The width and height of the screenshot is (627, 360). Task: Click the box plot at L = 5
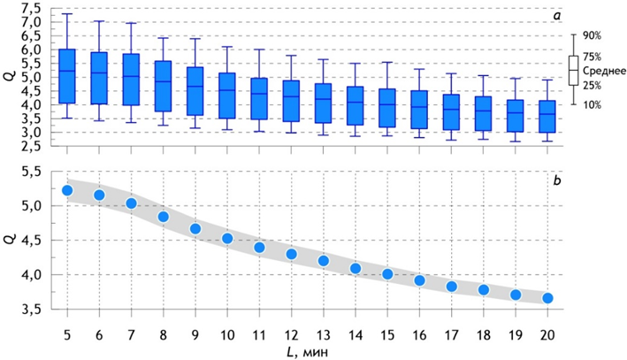pyautogui.click(x=67, y=88)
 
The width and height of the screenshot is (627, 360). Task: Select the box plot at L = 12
pyautogui.click(x=292, y=100)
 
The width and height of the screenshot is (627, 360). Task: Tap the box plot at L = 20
pyautogui.click(x=547, y=116)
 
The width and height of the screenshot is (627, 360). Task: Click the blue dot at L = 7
pyautogui.click(x=132, y=203)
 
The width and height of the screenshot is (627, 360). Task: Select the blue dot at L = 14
pyautogui.click(x=356, y=268)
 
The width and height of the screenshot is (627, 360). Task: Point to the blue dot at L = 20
pyautogui.click(x=547, y=298)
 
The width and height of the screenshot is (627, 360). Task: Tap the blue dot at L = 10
pyautogui.click(x=227, y=238)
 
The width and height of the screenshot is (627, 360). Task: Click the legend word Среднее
pyautogui.click(x=605, y=70)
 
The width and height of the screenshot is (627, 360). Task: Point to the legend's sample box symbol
pyautogui.click(x=573, y=70)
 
